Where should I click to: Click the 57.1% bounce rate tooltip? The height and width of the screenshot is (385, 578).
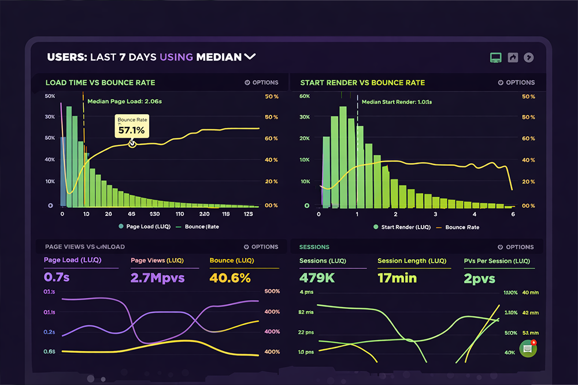(131, 126)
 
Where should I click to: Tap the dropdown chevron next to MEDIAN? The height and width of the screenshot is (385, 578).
(250, 57)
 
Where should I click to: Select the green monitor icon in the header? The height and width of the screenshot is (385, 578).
(495, 57)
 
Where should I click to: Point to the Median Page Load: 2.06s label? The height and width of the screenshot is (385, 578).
(124, 101)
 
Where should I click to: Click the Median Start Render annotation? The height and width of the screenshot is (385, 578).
(397, 102)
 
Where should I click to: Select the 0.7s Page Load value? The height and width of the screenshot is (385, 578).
(57, 278)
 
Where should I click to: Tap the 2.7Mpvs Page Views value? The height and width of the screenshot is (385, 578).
(157, 278)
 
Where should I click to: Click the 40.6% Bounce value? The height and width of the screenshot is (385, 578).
(230, 278)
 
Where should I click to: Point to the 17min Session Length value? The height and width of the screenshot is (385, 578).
(397, 278)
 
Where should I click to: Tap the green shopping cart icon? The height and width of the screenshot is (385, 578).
(528, 349)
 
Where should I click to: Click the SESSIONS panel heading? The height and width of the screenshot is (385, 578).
(314, 247)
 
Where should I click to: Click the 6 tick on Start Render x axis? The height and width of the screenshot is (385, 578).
(512, 214)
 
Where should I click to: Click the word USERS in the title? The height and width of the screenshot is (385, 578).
(66, 57)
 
